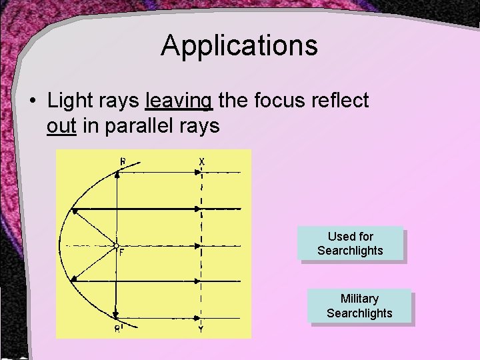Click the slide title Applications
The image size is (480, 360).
tap(239, 46)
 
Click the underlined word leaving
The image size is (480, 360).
tap(179, 101)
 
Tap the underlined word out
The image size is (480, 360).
tap(61, 125)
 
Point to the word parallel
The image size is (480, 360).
tap(137, 125)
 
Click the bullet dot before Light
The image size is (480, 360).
tap(32, 101)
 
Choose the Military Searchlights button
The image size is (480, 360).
tap(359, 306)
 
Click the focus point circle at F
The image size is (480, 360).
tap(116, 246)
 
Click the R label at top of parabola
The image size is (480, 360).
tap(122, 161)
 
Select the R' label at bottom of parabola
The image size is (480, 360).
tap(117, 328)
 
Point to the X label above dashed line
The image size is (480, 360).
tap(201, 161)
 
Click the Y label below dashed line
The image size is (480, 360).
tap(201, 328)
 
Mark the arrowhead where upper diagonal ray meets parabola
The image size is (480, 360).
tap(75, 212)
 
